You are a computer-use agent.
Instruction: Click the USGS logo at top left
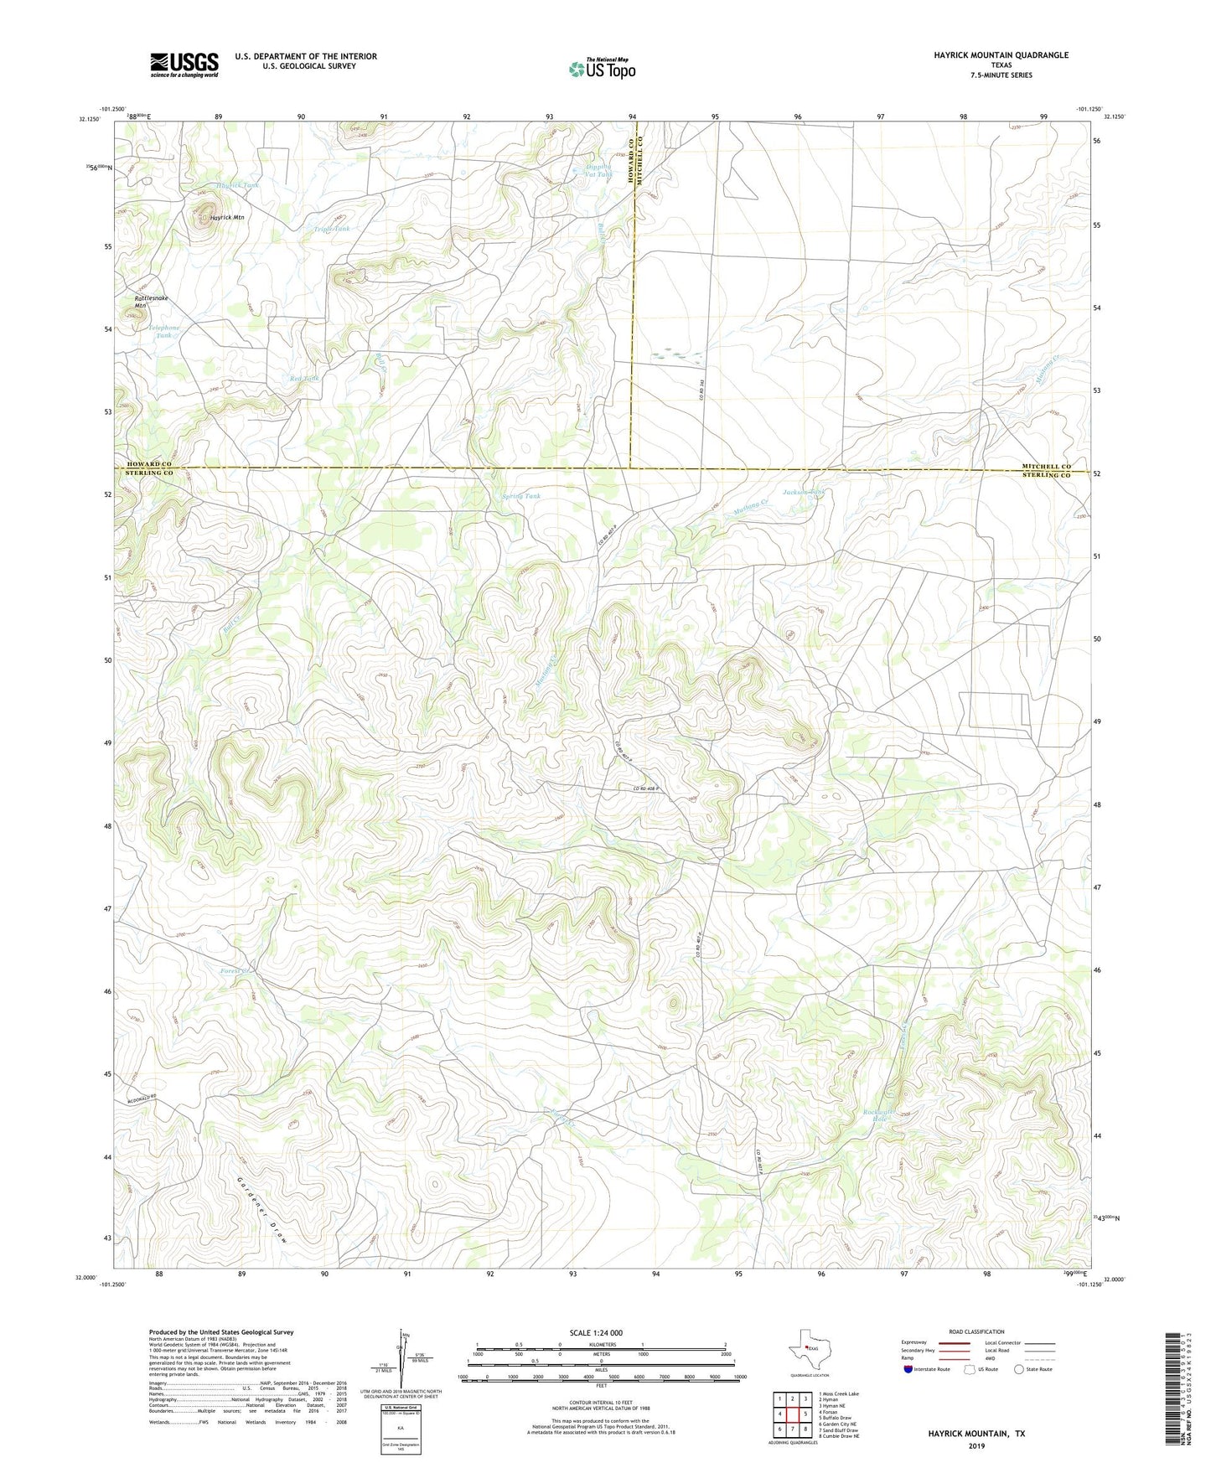[184, 65]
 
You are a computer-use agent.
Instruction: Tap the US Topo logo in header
[602, 69]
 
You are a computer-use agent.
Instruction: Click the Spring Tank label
[520, 496]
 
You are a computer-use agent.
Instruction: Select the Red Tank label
[304, 379]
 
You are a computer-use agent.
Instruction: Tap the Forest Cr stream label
[236, 970]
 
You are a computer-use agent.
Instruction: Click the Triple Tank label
[332, 228]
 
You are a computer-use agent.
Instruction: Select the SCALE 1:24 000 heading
[596, 1332]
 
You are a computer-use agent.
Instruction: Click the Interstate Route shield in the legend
[908, 1369]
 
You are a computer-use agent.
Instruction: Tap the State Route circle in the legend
[1019, 1369]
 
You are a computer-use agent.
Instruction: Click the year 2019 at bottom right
[976, 1445]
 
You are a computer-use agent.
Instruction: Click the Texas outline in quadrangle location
[808, 1355]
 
